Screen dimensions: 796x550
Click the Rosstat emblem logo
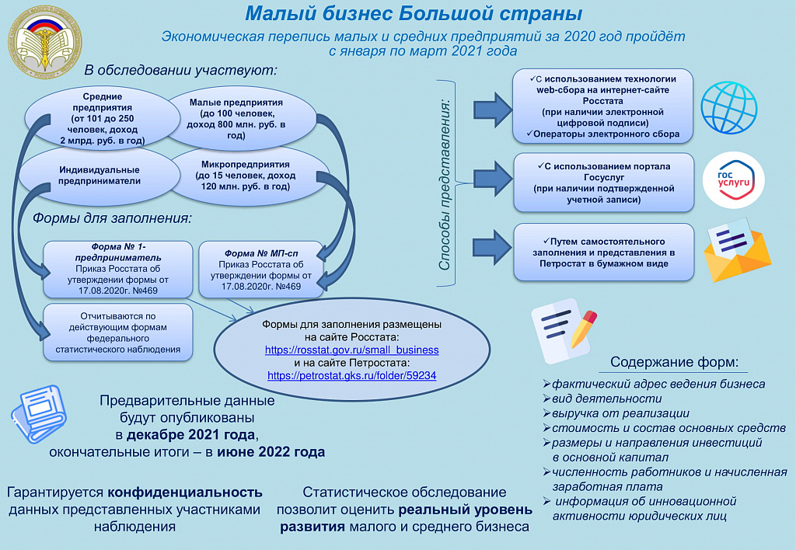[44, 42]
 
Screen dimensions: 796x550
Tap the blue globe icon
[729, 108]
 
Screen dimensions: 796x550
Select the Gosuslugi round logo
[734, 180]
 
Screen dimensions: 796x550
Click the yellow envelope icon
[737, 250]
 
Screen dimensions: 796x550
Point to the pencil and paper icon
[564, 330]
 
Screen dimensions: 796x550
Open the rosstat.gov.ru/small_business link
[352, 350]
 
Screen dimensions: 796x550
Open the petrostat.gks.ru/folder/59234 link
[352, 375]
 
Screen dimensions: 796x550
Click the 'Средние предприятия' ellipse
[103, 118]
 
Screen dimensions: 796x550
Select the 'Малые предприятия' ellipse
[241, 119]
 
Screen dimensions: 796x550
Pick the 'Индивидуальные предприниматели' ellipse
[99, 176]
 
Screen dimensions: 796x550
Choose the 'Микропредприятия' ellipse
[249, 176]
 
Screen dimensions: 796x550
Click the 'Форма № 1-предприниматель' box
[118, 269]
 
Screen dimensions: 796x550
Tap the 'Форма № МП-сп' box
[261, 270]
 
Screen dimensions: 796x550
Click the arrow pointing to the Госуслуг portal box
[493, 179]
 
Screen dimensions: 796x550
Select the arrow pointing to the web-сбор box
[493, 110]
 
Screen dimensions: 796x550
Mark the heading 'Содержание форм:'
[674, 362]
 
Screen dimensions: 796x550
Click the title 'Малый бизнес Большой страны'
[414, 14]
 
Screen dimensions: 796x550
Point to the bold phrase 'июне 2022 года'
[271, 452]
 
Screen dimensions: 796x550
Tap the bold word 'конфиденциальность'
[185, 493]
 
